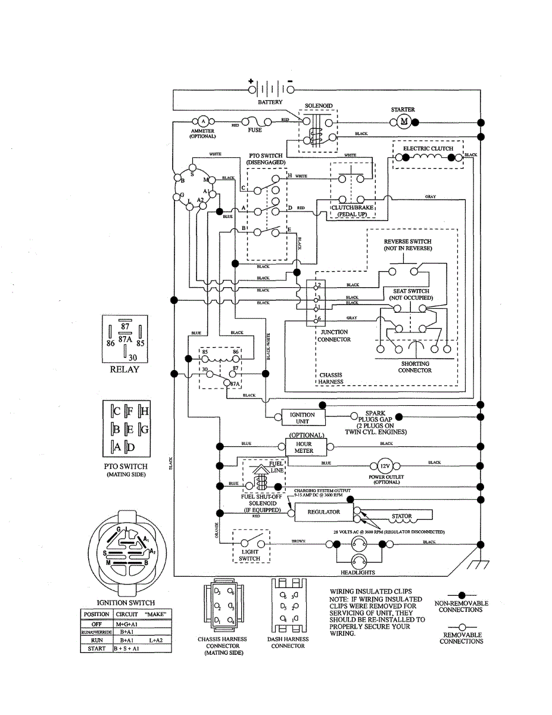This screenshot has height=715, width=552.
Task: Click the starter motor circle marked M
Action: tap(403, 122)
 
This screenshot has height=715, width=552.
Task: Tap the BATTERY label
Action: tap(270, 102)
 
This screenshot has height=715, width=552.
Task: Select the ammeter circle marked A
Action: tap(202, 122)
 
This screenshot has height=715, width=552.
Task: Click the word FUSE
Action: tap(255, 130)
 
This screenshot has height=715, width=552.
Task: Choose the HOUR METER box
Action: tap(304, 447)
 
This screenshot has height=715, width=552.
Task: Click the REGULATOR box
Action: tap(323, 512)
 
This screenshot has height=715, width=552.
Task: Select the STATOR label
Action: tap(402, 517)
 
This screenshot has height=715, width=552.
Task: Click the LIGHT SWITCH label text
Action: tap(250, 555)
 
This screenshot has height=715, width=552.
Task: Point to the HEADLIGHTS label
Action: tap(357, 573)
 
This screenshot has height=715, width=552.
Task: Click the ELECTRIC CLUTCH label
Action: tap(428, 148)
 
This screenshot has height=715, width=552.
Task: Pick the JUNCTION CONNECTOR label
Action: tap(334, 336)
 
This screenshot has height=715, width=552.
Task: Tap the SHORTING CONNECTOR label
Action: tap(415, 367)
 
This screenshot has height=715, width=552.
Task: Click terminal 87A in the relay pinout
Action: tap(125, 338)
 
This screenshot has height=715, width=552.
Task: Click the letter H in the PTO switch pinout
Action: tap(145, 411)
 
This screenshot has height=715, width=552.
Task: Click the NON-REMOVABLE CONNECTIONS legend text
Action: tap(461, 607)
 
